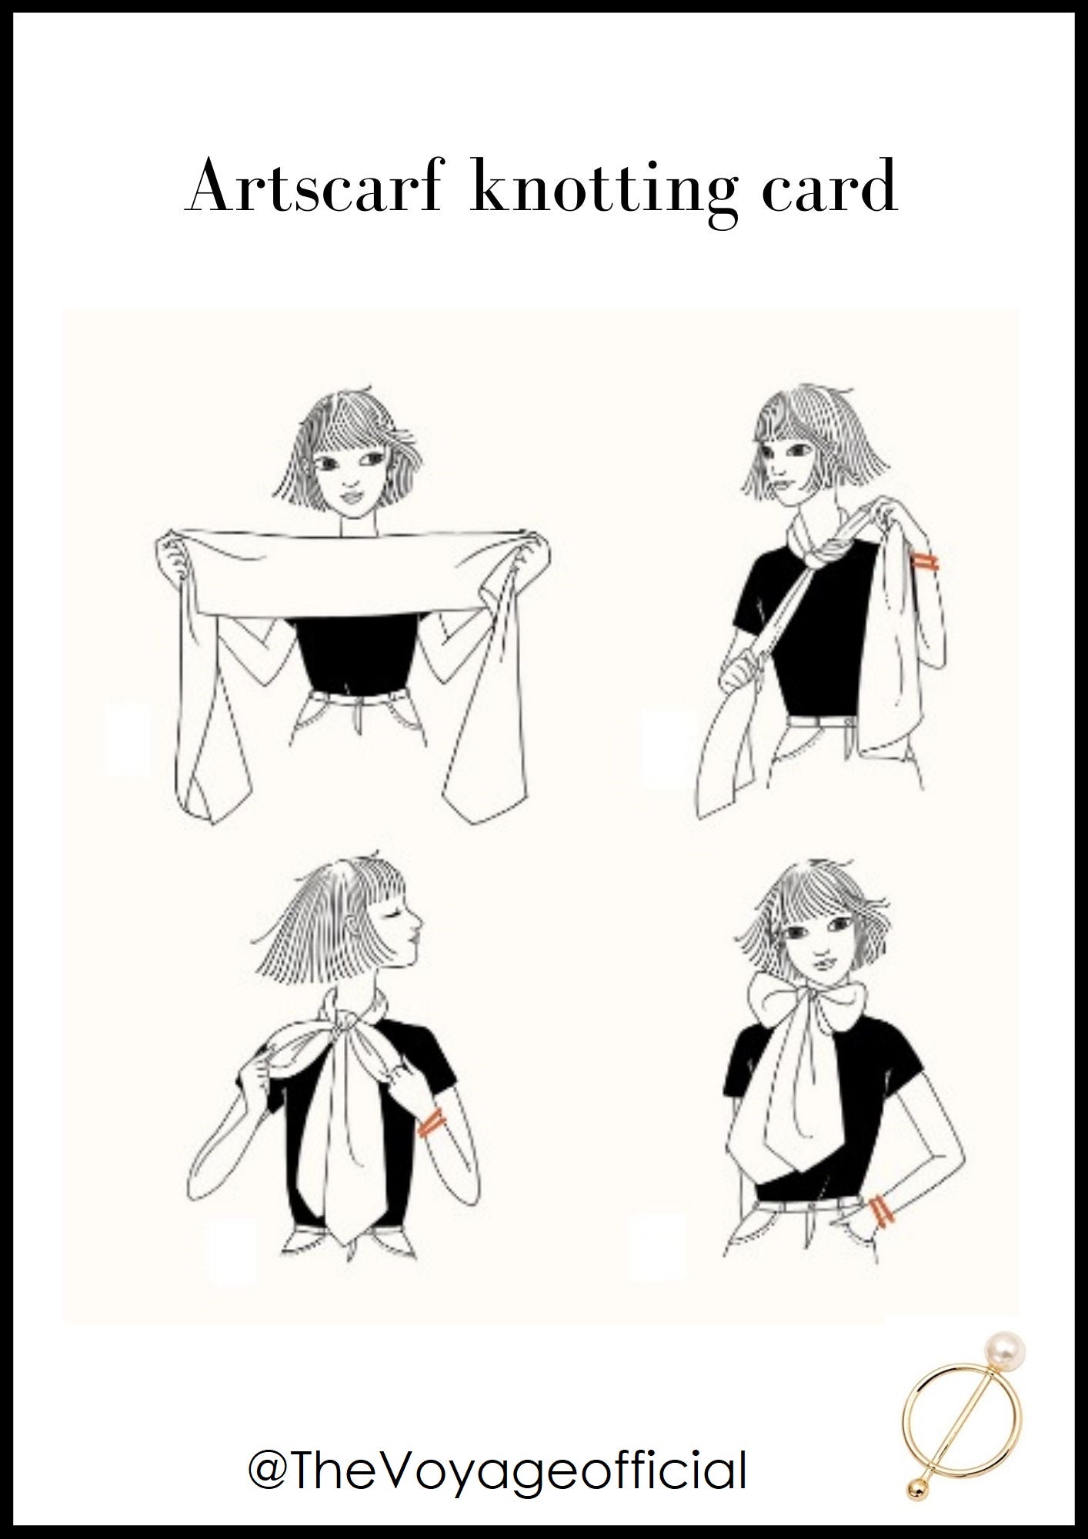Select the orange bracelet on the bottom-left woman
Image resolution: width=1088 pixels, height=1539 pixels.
coord(430,1123)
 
